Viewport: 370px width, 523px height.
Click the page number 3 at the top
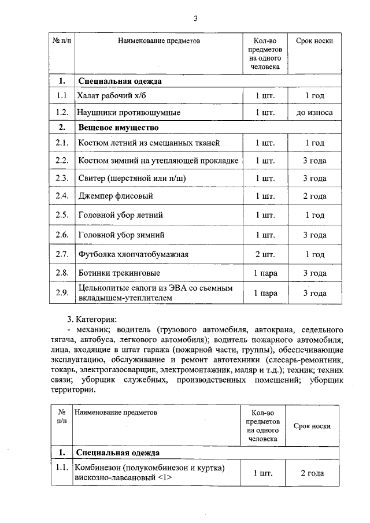pyautogui.click(x=195, y=18)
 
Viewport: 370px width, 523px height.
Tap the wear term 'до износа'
pyautogui.click(x=314, y=112)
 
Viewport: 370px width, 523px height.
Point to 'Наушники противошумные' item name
pyautogui.click(x=129, y=112)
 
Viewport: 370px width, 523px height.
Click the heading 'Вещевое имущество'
pyautogui.click(x=119, y=127)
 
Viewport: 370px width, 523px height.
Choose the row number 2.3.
pyautogui.click(x=62, y=177)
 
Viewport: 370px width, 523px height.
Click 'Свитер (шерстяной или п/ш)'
pyautogui.click(x=132, y=177)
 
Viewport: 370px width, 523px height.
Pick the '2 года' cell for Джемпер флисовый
pyautogui.click(x=314, y=196)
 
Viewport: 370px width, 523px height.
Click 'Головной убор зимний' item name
pyautogui.click(x=121, y=235)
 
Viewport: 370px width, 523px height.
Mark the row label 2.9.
pyautogui.click(x=62, y=293)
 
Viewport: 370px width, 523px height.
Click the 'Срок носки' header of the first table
pyautogui.click(x=314, y=41)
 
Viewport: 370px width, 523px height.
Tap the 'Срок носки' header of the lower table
pyautogui.click(x=312, y=426)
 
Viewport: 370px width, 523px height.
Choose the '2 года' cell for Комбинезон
pyautogui.click(x=312, y=473)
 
